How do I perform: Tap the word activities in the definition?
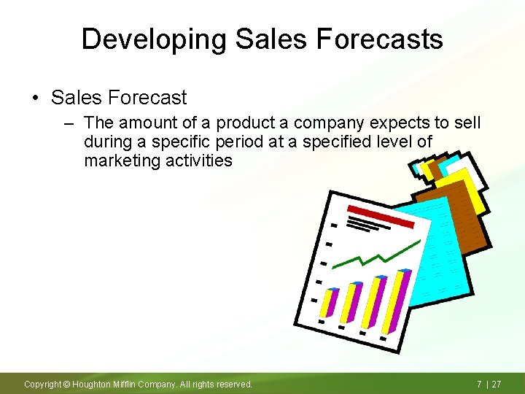pyautogui.click(x=199, y=161)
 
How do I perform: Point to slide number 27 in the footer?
pyautogui.click(x=496, y=384)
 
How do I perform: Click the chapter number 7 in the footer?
pyautogui.click(x=479, y=384)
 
